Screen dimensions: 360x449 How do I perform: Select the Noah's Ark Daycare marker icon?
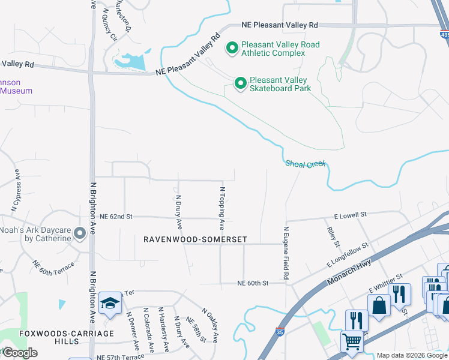click(x=79, y=234)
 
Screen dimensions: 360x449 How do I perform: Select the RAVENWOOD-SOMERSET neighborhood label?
click(x=195, y=239)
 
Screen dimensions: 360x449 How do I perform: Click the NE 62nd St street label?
click(x=115, y=216)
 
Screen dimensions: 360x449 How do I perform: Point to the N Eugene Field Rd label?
click(x=286, y=253)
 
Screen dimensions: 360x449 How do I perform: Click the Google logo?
click(x=19, y=353)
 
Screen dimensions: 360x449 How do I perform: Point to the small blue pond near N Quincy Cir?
click(x=132, y=61)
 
